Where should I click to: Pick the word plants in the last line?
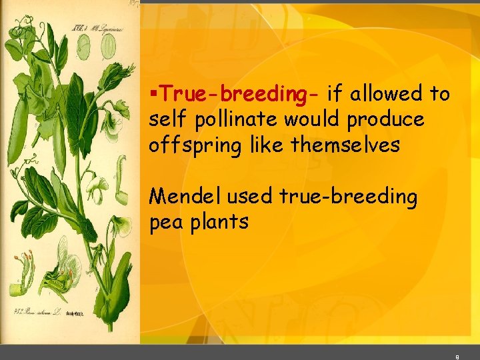[x=219, y=221]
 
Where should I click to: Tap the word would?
[x=309, y=120]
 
